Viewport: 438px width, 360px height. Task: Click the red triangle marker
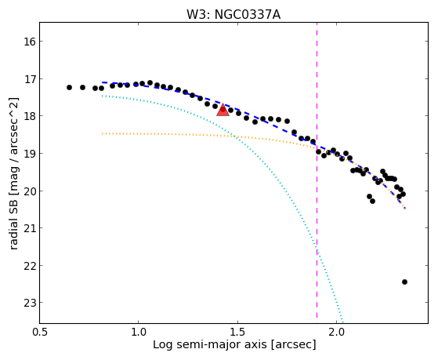coord(223,111)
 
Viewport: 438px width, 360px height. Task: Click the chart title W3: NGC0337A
coord(233,15)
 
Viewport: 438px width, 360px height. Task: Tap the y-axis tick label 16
coord(28,42)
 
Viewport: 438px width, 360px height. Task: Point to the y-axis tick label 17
coord(28,79)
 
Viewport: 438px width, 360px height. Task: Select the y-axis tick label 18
coord(28,116)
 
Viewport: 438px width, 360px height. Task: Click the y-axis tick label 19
coord(28,154)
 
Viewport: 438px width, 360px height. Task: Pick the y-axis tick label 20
coord(28,191)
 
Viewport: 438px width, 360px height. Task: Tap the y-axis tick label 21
coord(28,228)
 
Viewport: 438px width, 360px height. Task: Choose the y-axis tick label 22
coord(28,265)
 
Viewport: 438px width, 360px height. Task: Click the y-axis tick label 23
coord(28,303)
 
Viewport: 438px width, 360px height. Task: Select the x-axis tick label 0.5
coord(39,333)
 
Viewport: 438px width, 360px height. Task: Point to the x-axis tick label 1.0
coord(138,333)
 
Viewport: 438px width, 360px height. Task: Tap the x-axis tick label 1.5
coord(237,333)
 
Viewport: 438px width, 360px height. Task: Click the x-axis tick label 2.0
coord(336,333)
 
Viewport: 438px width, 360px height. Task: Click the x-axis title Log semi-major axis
coord(209,344)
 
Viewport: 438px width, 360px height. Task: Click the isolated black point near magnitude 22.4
coord(404,282)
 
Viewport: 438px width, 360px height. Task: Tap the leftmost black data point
coord(69,88)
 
